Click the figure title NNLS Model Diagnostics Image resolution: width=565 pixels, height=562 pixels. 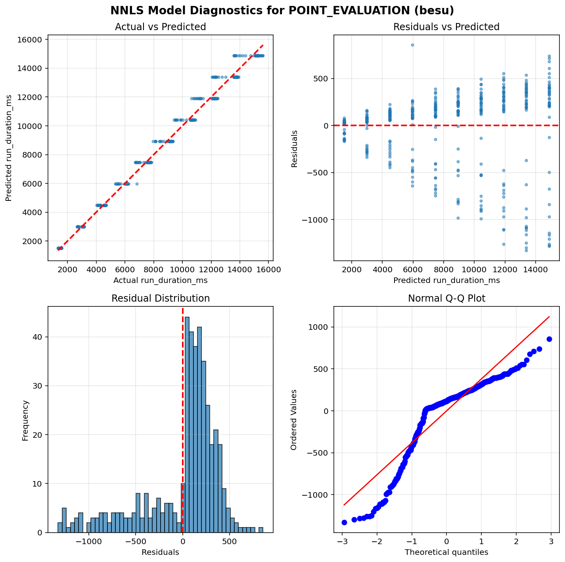point(282,10)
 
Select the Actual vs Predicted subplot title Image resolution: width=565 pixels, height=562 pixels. point(160,27)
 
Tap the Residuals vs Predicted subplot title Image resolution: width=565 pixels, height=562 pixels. point(446,27)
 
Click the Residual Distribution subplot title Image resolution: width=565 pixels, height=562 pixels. point(160,298)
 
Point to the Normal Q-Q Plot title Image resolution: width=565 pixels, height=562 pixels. point(446,298)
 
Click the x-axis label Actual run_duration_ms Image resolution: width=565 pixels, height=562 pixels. point(160,281)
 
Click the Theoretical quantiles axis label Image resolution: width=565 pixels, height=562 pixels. point(446,552)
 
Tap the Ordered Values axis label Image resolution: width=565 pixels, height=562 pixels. point(294,420)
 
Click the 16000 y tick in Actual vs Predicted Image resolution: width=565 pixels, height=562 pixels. point(31,40)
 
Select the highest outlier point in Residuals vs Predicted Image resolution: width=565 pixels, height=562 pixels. point(413,45)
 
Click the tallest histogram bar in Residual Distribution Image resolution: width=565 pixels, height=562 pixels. point(187,425)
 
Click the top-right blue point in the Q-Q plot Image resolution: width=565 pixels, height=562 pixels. point(549,339)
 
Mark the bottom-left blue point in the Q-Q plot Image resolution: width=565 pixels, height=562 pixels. point(344,522)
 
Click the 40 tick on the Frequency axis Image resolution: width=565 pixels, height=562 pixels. point(38,337)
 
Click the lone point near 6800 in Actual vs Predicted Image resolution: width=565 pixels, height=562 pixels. point(137,184)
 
